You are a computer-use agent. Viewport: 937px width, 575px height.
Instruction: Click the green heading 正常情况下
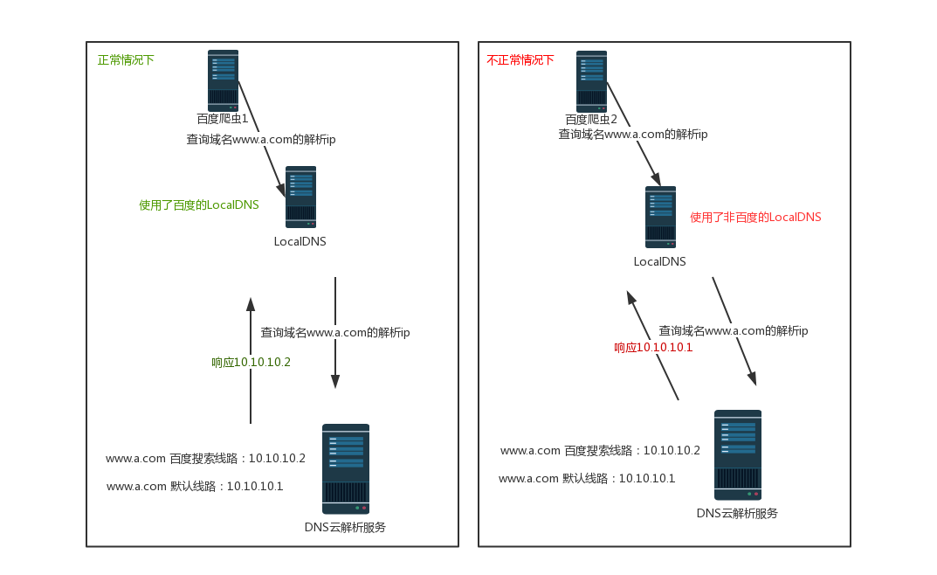click(126, 60)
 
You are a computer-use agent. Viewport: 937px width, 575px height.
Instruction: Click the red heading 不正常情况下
click(520, 60)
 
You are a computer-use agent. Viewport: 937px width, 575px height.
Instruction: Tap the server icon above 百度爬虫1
click(223, 80)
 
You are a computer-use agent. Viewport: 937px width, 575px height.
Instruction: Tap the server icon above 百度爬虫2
click(591, 80)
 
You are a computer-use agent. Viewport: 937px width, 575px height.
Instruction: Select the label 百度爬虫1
click(223, 119)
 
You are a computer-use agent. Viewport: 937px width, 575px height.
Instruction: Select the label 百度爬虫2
click(591, 119)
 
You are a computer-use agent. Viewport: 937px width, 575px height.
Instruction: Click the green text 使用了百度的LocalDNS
click(199, 205)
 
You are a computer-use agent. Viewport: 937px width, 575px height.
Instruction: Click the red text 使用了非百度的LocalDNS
click(755, 217)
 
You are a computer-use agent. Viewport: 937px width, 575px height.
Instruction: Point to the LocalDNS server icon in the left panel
click(300, 197)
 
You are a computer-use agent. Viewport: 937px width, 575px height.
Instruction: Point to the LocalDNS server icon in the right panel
click(660, 217)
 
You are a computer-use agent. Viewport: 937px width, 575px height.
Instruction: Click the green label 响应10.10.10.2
click(251, 362)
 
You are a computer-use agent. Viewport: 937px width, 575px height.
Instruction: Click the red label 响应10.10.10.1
click(653, 347)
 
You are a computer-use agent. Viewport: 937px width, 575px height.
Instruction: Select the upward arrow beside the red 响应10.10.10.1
click(652, 345)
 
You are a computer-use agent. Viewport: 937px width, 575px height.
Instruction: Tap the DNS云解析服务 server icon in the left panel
click(345, 469)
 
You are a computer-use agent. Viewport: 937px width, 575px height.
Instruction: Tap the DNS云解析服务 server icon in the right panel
click(738, 454)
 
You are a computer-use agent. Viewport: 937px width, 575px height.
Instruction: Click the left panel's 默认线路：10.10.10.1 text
click(195, 486)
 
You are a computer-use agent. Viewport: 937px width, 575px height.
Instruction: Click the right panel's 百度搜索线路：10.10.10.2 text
click(600, 450)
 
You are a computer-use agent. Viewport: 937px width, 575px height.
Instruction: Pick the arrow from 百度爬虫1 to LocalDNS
click(262, 138)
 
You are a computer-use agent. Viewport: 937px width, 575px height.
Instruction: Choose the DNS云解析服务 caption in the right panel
click(737, 513)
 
